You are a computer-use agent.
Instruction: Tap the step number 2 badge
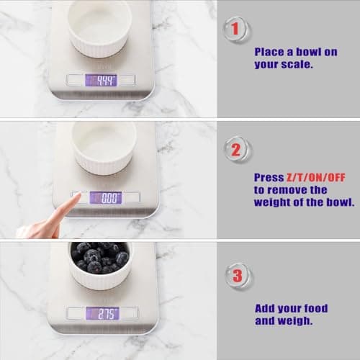pos(236,151)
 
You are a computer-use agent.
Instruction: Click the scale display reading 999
pos(101,79)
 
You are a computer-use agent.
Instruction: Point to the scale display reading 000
pos(105,197)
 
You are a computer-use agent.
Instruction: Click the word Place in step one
pos(269,52)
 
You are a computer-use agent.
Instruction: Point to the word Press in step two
pos(268,177)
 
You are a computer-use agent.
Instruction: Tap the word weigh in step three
pos(298,320)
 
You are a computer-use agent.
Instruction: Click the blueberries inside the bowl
pos(100,257)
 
